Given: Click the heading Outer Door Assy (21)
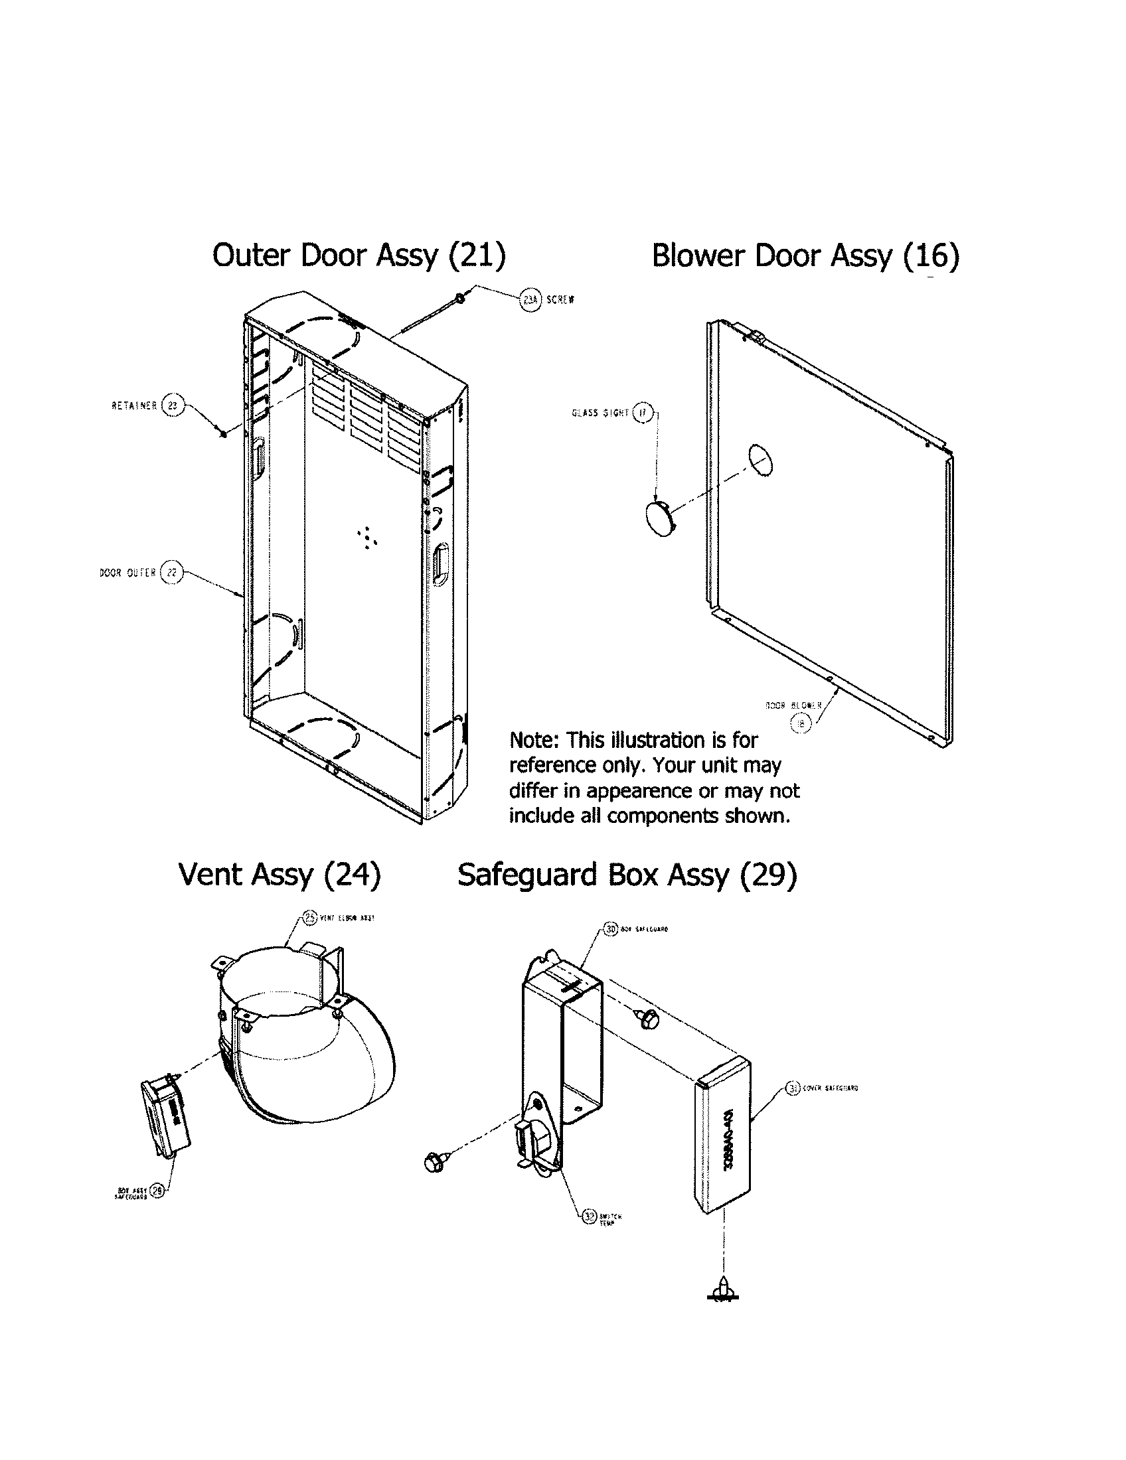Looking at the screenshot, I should (x=359, y=256).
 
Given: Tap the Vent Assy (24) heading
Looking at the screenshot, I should (x=280, y=875).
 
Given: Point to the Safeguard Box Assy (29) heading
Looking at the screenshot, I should (x=627, y=875).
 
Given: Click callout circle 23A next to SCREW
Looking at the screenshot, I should (x=530, y=301).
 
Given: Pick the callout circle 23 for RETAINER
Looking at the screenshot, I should (x=172, y=405).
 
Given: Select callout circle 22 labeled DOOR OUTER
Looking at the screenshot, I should (x=172, y=572).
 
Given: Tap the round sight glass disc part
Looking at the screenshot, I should (x=660, y=520).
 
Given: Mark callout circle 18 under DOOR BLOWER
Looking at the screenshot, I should (x=801, y=723).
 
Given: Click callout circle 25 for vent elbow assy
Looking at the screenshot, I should (x=309, y=918).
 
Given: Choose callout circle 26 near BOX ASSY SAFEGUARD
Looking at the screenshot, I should (x=157, y=1191).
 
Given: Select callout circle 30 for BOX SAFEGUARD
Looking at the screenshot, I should (x=609, y=929).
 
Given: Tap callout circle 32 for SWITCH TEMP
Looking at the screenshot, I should (x=588, y=1216).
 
